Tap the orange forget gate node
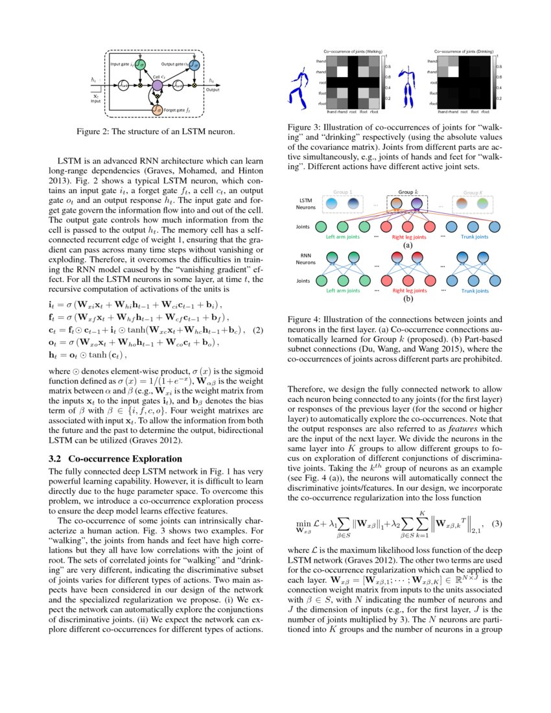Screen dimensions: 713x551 (x=157, y=111)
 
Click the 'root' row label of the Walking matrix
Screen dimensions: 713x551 (x=322, y=82)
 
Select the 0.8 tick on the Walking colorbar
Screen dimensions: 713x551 (x=388, y=66)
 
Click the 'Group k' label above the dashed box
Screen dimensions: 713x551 (x=407, y=193)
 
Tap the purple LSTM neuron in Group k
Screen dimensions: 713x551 (x=417, y=205)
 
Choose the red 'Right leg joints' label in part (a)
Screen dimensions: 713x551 (x=408, y=237)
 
